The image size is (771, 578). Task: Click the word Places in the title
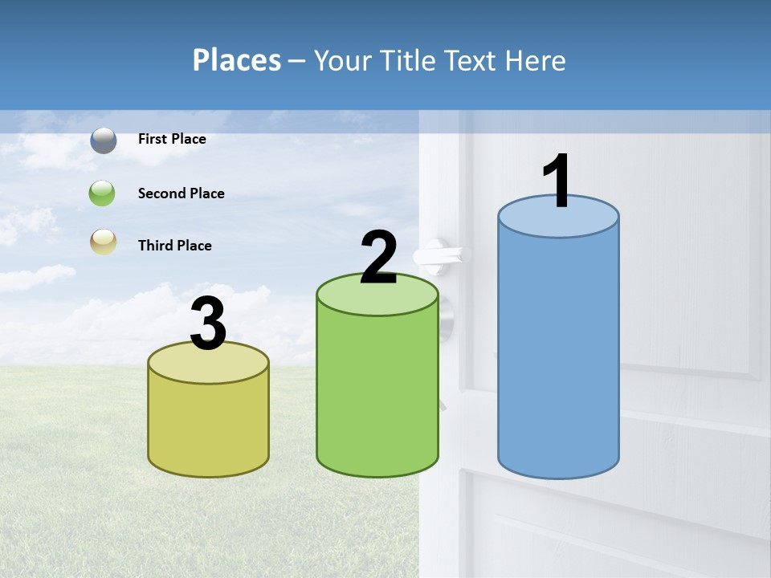coord(237,60)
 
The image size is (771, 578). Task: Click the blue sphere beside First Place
coord(104,140)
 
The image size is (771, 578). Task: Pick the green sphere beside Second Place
coord(103,193)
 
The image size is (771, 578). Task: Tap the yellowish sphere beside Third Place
coord(103,242)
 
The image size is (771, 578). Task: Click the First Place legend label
coord(172,139)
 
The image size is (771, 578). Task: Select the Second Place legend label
coord(181,193)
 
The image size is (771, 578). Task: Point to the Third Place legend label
coord(174,246)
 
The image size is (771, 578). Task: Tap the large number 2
coord(378,258)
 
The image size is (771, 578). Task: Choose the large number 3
coord(209,324)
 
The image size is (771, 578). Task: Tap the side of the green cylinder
coord(377,393)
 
